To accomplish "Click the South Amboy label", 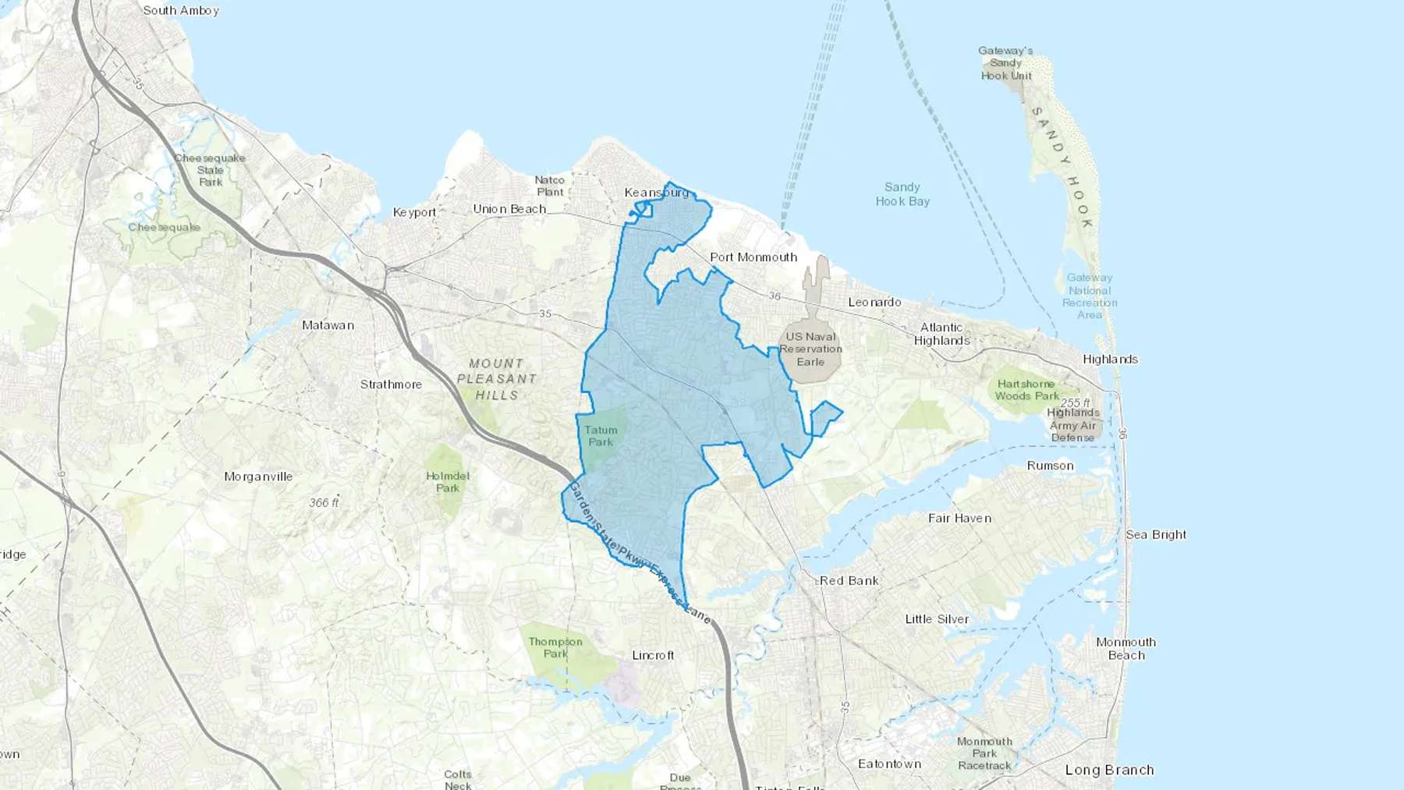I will pos(181,11).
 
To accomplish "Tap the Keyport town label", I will pos(414,212).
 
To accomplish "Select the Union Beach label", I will pos(509,209).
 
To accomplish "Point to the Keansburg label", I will pos(657,193).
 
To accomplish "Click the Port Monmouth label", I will pos(753,257).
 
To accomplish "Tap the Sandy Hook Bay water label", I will pos(902,194).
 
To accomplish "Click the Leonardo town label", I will pos(874,303).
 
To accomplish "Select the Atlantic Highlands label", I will pos(941,334).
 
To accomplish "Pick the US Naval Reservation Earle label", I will pos(810,349).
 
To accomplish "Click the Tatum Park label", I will pos(601,436).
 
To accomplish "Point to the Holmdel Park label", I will pos(448,482).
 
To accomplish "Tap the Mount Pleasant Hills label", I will pos(497,379).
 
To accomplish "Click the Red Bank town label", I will pos(849,581).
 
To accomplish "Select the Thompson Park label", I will pos(555,647).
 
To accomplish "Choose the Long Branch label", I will pos(1109,771).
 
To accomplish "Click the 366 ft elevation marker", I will pos(324,503).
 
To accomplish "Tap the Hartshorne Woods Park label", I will pos(1026,390).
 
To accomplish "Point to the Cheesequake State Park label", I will pos(210,170).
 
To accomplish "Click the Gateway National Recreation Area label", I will pos(1090,296).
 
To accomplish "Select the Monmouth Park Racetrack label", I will pos(984,753).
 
